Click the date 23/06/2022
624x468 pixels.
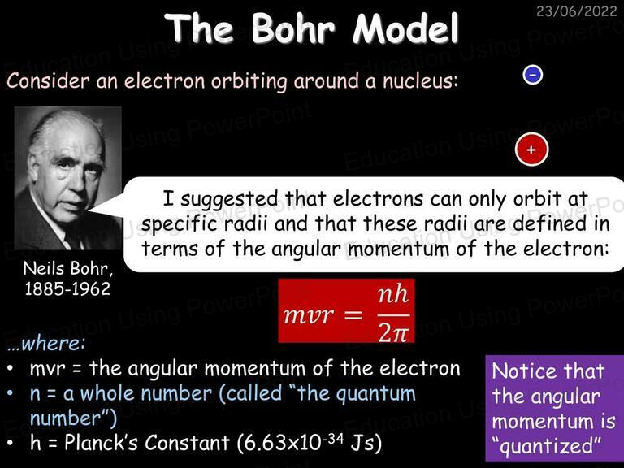pyautogui.click(x=576, y=11)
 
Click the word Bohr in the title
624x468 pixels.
pyautogui.click(x=293, y=28)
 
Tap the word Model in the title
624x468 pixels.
pyautogui.click(x=406, y=28)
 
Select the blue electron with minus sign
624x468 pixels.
pyautogui.click(x=533, y=75)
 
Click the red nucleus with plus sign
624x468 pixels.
pyautogui.click(x=531, y=149)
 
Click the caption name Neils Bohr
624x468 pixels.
pyautogui.click(x=67, y=268)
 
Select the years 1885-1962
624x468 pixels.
pyautogui.click(x=67, y=289)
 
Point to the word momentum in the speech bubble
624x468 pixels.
pyautogui.click(x=399, y=249)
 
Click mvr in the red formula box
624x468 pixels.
pyautogui.click(x=309, y=315)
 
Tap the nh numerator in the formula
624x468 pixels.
pyautogui.click(x=393, y=294)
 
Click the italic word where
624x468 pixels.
pyautogui.click(x=53, y=344)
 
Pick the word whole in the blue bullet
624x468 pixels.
pyautogui.click(x=107, y=393)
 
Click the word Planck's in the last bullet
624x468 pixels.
pyautogui.click(x=107, y=443)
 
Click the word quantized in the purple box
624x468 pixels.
pyautogui.click(x=550, y=446)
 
